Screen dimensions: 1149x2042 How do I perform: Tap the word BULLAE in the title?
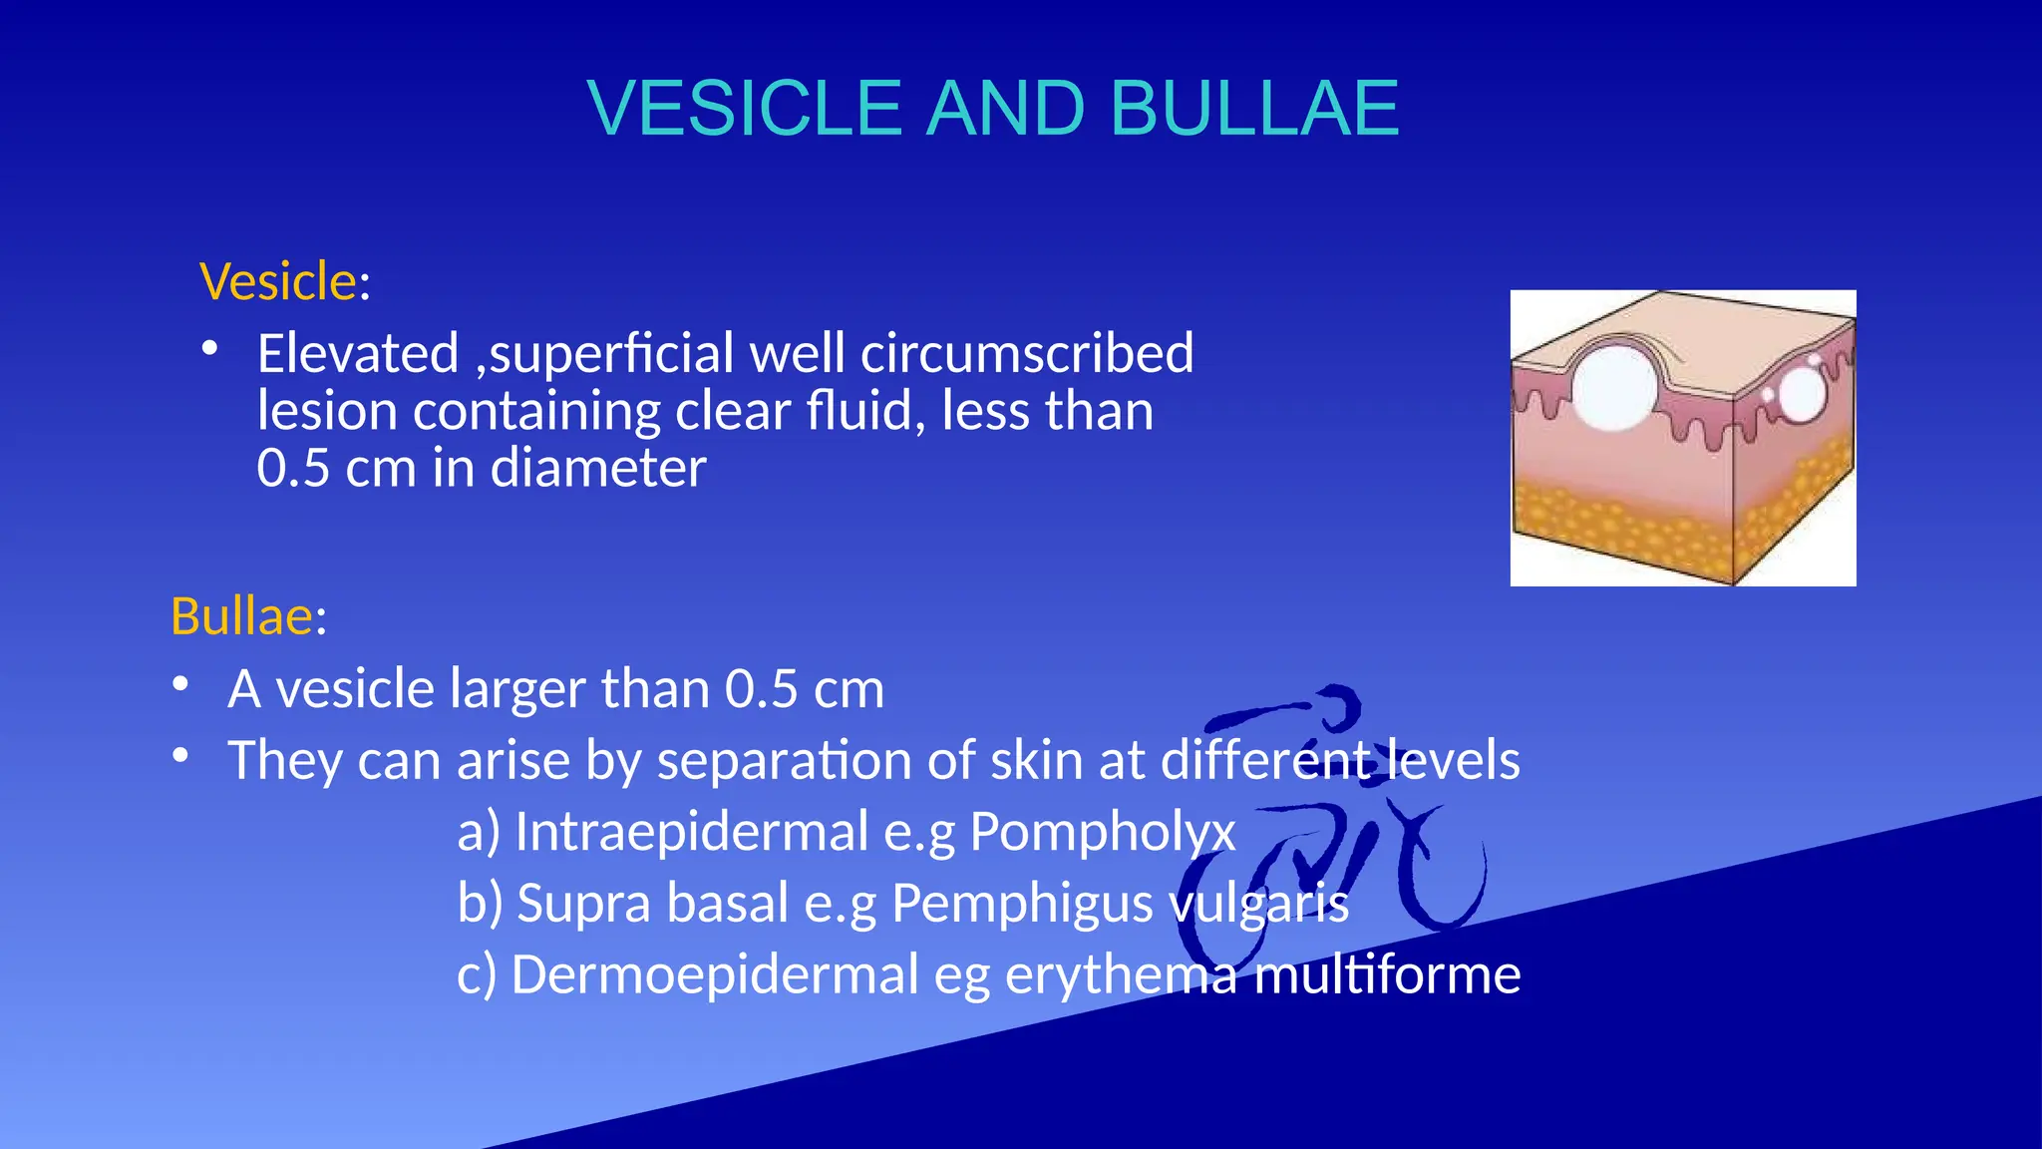coord(1254,108)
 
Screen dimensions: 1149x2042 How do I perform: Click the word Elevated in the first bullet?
coord(358,353)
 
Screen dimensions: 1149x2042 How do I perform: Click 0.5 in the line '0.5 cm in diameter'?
coord(292,468)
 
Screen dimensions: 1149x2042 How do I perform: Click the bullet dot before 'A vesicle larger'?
coord(179,684)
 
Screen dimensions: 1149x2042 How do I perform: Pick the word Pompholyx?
coord(1102,832)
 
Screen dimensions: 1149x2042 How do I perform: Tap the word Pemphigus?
coord(1022,904)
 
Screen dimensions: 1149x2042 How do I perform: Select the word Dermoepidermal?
coord(714,974)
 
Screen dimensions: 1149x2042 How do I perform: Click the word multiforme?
coord(1387,974)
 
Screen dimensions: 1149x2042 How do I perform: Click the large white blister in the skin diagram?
coord(1615,387)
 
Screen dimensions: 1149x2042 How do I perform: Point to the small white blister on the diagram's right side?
coord(1802,395)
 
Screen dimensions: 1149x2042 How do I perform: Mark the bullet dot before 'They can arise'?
coord(179,756)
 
